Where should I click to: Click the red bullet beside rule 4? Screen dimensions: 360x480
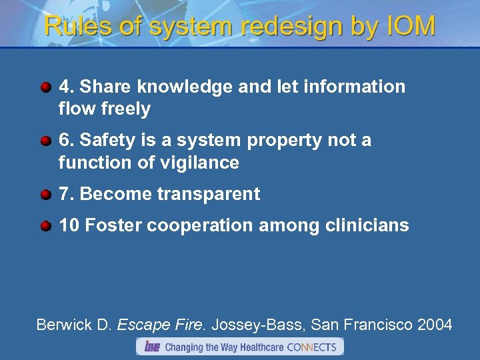pos(45,87)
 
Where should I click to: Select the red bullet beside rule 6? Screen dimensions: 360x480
pos(45,141)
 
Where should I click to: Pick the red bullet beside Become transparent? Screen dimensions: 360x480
pos(45,195)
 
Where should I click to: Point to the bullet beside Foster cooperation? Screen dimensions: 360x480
pos(45,226)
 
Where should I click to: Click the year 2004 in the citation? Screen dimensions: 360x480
pos(435,325)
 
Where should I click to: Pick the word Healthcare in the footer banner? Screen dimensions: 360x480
pos(257,347)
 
